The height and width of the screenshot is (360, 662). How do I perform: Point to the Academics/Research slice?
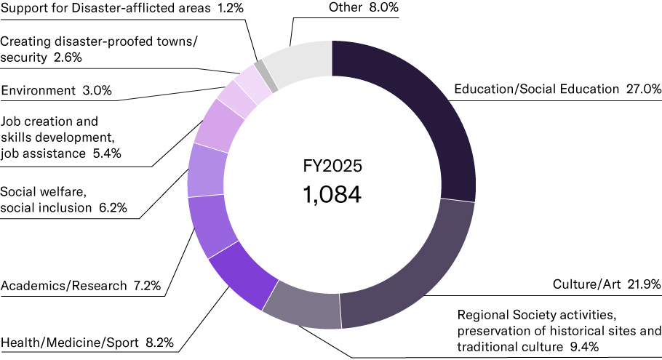pyautogui.click(x=211, y=225)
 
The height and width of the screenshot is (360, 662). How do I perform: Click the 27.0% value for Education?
pyautogui.click(x=643, y=89)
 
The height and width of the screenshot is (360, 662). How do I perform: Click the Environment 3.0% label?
pyautogui.click(x=56, y=91)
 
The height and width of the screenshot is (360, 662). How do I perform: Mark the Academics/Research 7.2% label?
pyautogui.click(x=81, y=286)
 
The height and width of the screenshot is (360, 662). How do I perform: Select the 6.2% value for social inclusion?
pyautogui.click(x=113, y=208)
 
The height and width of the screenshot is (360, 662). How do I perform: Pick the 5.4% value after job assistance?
pyautogui.click(x=105, y=153)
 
